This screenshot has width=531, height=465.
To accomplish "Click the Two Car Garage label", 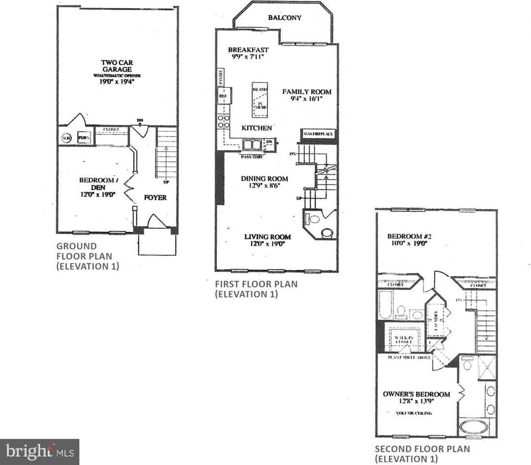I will [117, 66].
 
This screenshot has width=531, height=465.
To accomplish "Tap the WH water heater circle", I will [66, 138].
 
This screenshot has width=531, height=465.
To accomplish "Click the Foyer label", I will [155, 198].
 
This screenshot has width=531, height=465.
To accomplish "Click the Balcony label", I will [284, 18].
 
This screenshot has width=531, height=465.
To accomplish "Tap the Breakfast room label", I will [248, 50].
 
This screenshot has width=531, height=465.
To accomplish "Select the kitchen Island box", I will [259, 99].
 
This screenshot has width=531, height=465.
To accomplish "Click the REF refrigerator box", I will [223, 96].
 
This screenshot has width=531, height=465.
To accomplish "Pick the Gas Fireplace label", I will [319, 134].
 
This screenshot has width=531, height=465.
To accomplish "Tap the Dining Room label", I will [265, 179].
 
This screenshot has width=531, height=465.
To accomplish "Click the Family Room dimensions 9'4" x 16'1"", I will [307, 99].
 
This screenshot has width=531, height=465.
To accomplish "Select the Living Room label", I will [267, 237].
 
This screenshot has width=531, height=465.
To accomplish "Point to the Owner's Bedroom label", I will [417, 394].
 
